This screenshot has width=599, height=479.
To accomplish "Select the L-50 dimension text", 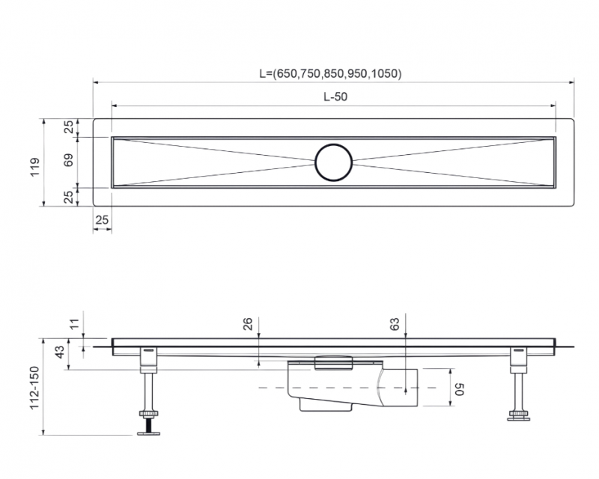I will pos(334,97).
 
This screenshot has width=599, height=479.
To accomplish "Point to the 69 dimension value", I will pos(70,161).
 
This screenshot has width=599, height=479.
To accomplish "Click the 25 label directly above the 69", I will pos(70,127).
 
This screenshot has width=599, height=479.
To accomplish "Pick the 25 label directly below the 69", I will pos(70,196).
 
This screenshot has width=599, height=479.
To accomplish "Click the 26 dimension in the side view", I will pos(248,324).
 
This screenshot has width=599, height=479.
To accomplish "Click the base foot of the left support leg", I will pos(149,430).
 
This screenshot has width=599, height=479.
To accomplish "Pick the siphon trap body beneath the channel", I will pos(322,389).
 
